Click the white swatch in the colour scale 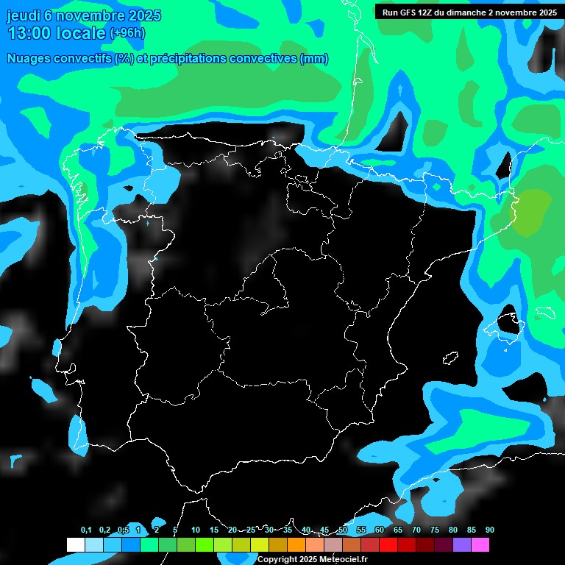[x=75, y=544]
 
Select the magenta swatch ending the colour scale [x=480, y=544]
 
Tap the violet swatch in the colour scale [x=461, y=544]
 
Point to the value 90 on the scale [x=489, y=530]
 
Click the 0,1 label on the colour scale [x=86, y=530]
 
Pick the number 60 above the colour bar [x=379, y=530]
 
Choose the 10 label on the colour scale [x=195, y=530]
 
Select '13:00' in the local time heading [x=29, y=33]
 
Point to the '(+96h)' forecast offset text [x=127, y=33]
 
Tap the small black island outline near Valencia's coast [x=450, y=358]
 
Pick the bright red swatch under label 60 [x=388, y=544]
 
